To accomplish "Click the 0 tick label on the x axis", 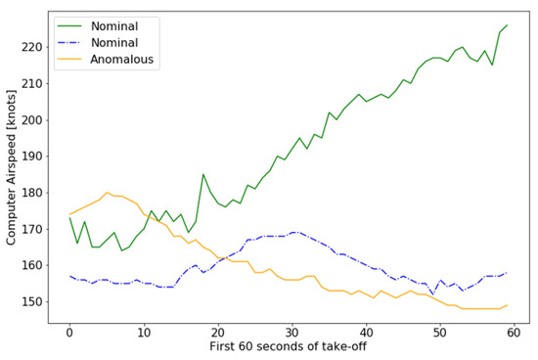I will click(69, 332).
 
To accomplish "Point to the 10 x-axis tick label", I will click(144, 332).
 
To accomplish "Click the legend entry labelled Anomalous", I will click(124, 60).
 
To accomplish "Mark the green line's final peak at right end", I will click(507, 25).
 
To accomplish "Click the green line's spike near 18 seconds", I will click(203, 174).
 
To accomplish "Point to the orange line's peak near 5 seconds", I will click(107, 193).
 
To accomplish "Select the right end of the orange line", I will click(507, 305).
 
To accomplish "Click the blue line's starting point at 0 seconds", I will click(69, 276).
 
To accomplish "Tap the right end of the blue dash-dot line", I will click(507, 273).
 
